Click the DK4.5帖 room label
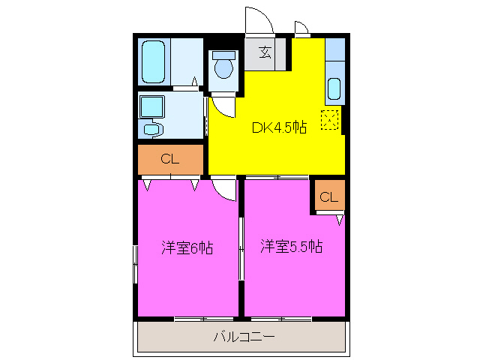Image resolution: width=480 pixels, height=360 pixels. point(278,127)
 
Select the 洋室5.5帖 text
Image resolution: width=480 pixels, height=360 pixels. point(292,246)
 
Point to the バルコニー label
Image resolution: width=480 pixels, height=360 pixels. point(244,337)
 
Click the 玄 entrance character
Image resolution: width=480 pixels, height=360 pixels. point(265,52)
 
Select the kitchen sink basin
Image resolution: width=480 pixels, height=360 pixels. point(334,91)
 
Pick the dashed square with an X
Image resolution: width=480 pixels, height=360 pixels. point(330,119)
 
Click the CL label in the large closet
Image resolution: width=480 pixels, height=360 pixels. point(170,159)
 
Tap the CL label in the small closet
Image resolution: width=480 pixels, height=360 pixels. point(329,197)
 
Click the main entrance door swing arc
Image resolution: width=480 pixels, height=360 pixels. point(256,20)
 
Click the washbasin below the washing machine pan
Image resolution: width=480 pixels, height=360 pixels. point(153,130)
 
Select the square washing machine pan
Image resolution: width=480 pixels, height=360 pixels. point(152,106)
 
